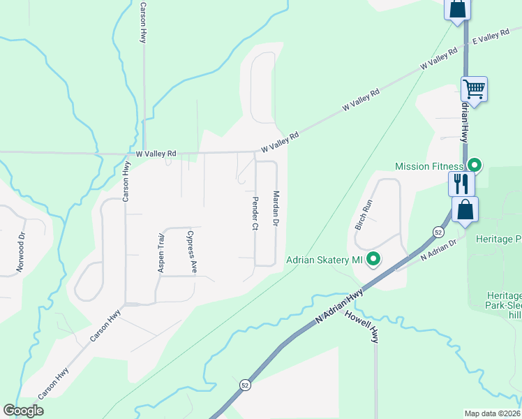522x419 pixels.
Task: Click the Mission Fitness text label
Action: (x=428, y=166)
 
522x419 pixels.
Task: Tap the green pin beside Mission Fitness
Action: (x=475, y=166)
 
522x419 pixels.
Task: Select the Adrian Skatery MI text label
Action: (x=325, y=260)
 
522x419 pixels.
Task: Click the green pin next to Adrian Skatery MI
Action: (x=373, y=260)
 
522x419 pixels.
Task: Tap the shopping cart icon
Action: (x=475, y=89)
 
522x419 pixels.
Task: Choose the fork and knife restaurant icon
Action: (x=461, y=184)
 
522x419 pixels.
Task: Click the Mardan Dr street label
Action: (x=276, y=208)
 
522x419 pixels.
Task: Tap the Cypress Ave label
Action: (x=191, y=252)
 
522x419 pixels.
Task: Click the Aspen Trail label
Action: (x=161, y=251)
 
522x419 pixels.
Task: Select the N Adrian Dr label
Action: (x=438, y=251)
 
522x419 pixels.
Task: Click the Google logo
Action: (x=24, y=411)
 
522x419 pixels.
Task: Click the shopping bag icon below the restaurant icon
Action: (x=465, y=209)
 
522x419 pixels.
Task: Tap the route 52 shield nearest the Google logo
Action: (x=245, y=385)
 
